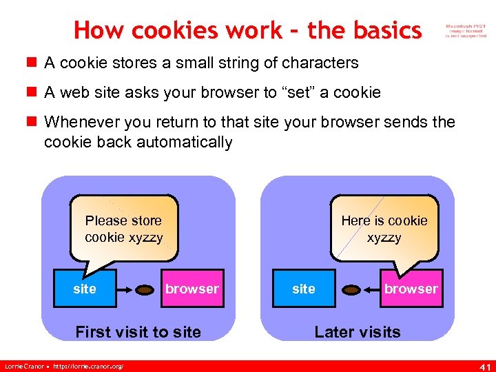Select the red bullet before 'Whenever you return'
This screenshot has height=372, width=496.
pyautogui.click(x=31, y=123)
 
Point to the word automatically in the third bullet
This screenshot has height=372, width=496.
pyautogui.click(x=185, y=143)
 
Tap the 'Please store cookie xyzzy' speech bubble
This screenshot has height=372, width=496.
pyautogui.click(x=124, y=229)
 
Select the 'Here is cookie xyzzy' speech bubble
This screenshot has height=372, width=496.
pyautogui.click(x=384, y=229)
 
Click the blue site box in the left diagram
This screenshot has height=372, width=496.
pyautogui.click(x=85, y=289)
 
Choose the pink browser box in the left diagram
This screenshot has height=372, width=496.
pyautogui.click(x=192, y=289)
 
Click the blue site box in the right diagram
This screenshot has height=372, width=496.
pyautogui.click(x=304, y=289)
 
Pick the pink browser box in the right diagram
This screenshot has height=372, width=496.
pyautogui.click(x=411, y=289)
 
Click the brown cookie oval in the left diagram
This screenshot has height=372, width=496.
pyautogui.click(x=145, y=290)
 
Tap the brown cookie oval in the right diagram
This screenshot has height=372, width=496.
pyautogui.click(x=352, y=290)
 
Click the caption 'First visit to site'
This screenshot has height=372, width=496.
pyautogui.click(x=138, y=332)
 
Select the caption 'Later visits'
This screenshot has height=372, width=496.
pyautogui.click(x=357, y=332)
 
